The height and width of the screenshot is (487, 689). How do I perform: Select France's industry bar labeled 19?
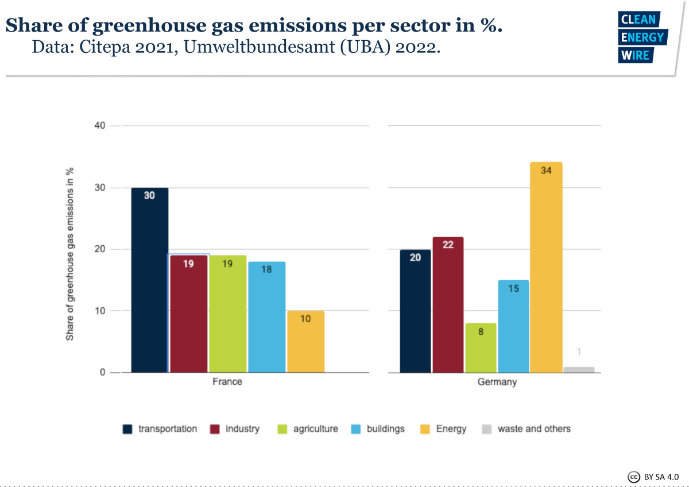point(188,314)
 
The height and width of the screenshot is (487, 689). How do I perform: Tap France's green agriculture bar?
point(227,314)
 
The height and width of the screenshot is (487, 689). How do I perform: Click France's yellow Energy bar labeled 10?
point(305,342)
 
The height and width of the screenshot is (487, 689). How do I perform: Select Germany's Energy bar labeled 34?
point(546,267)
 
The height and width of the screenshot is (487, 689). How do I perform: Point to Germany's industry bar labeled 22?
point(448,304)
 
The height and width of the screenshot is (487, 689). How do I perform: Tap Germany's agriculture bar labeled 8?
point(481,347)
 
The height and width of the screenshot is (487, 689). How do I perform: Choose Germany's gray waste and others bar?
point(579,370)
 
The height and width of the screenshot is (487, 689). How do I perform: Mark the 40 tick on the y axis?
point(99,126)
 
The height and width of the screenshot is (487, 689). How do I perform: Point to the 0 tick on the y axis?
point(102,373)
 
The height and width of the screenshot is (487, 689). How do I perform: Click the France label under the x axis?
point(227,382)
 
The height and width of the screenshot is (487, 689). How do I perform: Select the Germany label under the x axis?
point(497,382)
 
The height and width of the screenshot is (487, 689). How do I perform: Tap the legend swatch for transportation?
point(127,429)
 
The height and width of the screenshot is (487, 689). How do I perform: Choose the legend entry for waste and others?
point(534,429)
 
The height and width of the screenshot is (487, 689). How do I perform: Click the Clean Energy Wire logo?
point(641,37)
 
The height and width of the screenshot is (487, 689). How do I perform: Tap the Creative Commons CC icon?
point(634,477)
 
